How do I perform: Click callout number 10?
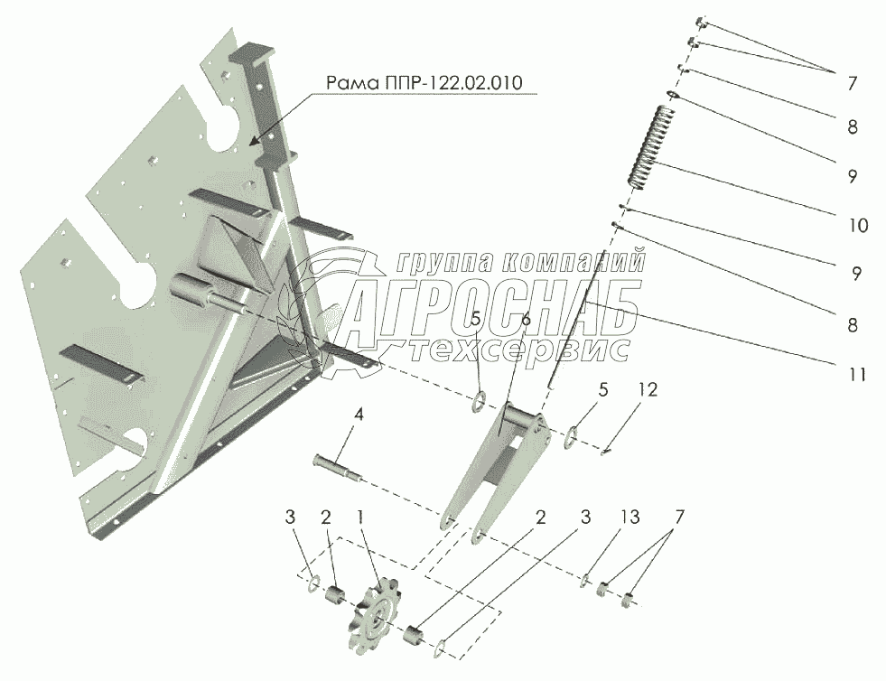click(x=857, y=225)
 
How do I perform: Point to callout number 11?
click(x=857, y=372)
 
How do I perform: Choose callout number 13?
click(x=630, y=518)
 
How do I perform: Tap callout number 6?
click(x=525, y=318)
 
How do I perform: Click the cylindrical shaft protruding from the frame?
click(x=217, y=297)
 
